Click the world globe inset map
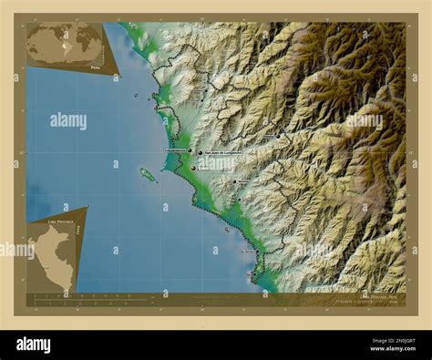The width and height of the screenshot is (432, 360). click(64, 43)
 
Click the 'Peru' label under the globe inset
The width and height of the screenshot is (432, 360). click(96, 67)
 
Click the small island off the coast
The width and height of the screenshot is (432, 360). click(147, 173)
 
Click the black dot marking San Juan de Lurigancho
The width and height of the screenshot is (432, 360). click(200, 153)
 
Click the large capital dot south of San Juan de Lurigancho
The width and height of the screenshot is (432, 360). click(193, 168)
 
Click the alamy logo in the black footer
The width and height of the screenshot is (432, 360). click(33, 345)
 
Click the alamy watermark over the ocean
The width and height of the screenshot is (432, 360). click(68, 120)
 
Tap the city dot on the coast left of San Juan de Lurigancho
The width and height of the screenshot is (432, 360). click(189, 150)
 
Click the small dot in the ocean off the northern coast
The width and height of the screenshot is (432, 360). click(137, 95)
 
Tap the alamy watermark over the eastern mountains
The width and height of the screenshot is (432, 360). click(365, 120)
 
